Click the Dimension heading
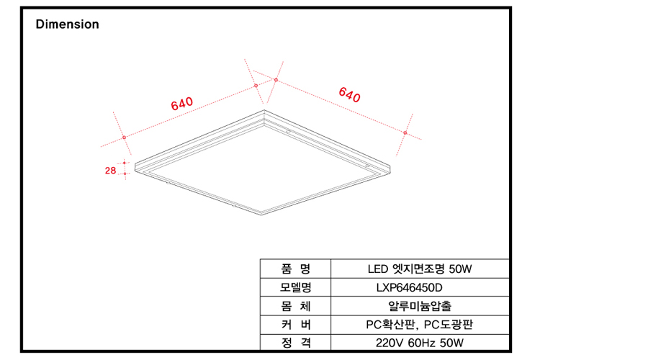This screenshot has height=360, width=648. [x=68, y=24]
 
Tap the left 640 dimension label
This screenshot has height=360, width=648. [x=182, y=104]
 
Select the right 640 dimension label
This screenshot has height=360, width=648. [x=350, y=94]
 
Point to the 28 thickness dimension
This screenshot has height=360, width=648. [x=110, y=171]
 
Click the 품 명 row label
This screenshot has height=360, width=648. [x=295, y=269]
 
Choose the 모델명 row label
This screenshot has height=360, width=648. [x=295, y=288]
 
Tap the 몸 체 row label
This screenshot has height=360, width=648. [x=295, y=306]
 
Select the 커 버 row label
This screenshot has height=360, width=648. [x=295, y=325]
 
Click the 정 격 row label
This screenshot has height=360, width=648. [x=295, y=343]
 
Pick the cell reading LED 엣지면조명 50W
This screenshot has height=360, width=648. [x=420, y=269]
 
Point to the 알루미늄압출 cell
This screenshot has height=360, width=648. [x=420, y=306]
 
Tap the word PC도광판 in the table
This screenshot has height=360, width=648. [x=449, y=325]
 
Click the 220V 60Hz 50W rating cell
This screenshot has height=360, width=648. [x=420, y=343]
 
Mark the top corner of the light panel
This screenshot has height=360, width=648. [x=264, y=110]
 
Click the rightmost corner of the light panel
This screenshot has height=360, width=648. [x=390, y=167]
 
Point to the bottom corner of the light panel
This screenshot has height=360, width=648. [x=261, y=215]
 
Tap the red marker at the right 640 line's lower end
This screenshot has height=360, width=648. [x=405, y=132]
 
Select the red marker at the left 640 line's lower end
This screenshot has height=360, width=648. [x=124, y=138]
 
